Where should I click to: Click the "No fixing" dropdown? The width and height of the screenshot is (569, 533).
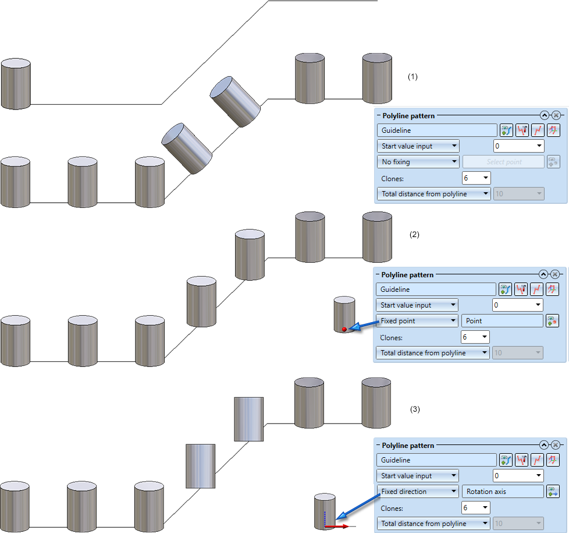point(418,162)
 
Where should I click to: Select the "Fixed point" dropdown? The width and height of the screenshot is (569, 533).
point(417,321)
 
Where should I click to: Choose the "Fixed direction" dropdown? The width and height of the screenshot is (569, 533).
point(417,492)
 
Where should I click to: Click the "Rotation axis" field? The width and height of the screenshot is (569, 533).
point(502,492)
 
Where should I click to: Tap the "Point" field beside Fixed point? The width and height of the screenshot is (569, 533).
point(502,321)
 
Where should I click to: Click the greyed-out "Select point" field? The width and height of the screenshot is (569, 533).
point(504,162)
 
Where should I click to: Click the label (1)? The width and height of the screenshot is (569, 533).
point(412,76)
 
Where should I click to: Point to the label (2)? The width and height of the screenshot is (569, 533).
point(414,235)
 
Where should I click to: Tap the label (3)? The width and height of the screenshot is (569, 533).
point(414,410)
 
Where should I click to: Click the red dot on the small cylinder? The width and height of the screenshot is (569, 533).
point(344,329)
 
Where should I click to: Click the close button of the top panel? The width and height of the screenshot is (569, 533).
point(556,115)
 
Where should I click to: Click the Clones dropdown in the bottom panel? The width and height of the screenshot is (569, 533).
point(475,508)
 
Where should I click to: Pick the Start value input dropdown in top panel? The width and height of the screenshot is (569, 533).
point(418,146)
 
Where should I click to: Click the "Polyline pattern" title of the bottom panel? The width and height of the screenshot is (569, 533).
point(408,446)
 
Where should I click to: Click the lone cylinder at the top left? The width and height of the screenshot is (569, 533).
point(16,84)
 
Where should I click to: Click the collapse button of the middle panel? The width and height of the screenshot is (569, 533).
point(543,274)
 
